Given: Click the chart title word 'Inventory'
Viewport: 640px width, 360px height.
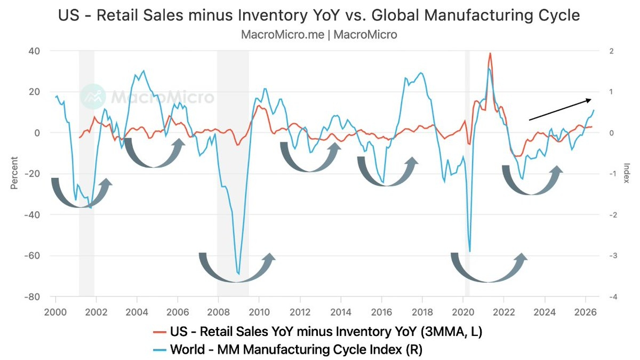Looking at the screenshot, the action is (x=273, y=15).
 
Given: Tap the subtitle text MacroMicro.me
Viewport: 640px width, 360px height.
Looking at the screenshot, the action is (x=283, y=35).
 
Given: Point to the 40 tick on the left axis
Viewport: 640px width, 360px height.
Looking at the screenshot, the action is (x=34, y=51).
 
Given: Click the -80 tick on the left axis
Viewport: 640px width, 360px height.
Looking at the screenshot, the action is (x=31, y=297).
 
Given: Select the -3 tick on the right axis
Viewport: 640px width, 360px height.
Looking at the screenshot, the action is (x=613, y=255).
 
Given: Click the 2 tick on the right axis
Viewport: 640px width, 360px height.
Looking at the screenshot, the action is (x=611, y=51).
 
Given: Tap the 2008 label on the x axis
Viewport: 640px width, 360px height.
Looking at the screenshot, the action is (x=218, y=312).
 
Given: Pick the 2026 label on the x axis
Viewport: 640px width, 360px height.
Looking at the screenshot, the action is (x=586, y=312).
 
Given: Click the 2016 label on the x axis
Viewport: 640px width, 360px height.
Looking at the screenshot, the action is (x=381, y=312).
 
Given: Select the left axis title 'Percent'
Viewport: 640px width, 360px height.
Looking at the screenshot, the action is (x=14, y=173).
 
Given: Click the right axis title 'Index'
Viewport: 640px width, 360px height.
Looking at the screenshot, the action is (x=627, y=173).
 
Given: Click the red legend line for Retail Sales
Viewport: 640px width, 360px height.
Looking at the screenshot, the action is (x=159, y=332).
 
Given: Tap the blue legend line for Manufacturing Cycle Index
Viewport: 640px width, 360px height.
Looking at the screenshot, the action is (x=159, y=350).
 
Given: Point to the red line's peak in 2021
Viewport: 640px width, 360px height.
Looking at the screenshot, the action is (x=490, y=53).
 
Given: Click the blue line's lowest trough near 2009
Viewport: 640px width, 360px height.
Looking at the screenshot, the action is (x=238, y=274).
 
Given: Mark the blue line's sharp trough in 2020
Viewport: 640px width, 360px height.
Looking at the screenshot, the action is (x=470, y=251).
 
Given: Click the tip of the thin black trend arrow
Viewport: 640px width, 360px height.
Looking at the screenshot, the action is (x=591, y=99).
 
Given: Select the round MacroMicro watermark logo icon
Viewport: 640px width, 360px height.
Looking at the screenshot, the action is (x=93, y=97).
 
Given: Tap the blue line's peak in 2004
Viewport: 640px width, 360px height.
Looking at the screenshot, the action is (x=143, y=70).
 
